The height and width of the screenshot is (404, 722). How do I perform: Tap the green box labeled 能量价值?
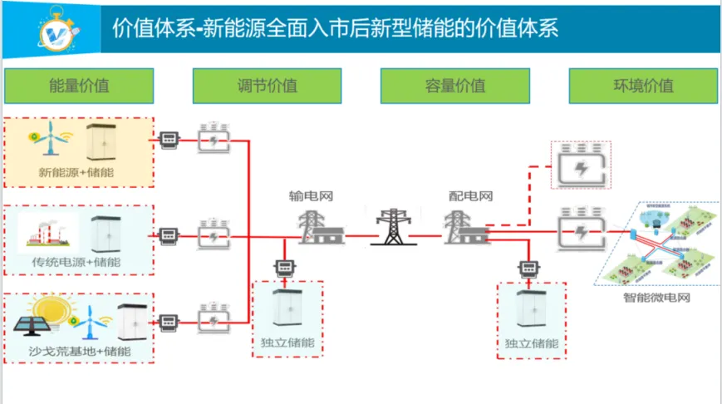pos(79,86)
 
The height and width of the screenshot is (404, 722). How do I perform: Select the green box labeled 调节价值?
pos(267,86)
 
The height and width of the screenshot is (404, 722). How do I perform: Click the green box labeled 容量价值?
pos(454,86)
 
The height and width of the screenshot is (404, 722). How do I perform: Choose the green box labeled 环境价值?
pos(643,86)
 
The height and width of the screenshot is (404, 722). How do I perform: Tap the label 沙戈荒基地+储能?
pos(79,351)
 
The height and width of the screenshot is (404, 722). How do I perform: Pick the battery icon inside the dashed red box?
pos(581,165)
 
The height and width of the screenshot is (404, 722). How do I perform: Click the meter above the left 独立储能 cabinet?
pos(285,268)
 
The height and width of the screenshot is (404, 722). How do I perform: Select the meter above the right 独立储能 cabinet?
pos(528,269)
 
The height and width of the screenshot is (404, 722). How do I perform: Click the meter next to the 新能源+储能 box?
pos(169,140)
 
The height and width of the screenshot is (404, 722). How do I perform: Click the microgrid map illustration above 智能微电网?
pos(658,244)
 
